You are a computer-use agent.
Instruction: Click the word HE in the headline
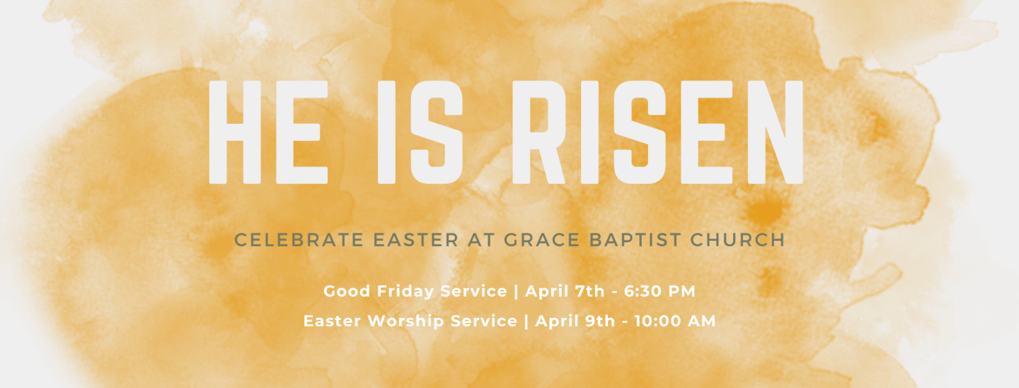click(268, 132)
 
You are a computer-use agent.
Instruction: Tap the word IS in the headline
click(420, 132)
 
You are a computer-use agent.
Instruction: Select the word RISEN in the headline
click(658, 132)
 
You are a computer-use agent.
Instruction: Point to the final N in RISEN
click(775, 132)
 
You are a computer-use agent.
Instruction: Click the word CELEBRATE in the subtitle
click(299, 240)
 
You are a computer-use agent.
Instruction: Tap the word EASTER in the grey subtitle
click(416, 240)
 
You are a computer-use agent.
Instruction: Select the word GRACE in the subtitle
click(542, 240)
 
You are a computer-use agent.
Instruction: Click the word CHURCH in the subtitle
click(737, 240)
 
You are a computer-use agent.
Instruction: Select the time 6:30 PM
click(660, 291)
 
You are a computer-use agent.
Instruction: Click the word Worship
click(405, 321)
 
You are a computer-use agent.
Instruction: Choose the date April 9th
click(575, 321)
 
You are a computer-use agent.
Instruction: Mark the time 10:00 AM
click(674, 321)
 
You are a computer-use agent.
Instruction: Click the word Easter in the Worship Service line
click(333, 321)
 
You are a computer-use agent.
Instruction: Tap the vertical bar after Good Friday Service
click(516, 292)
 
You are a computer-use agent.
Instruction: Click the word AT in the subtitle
click(481, 240)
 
